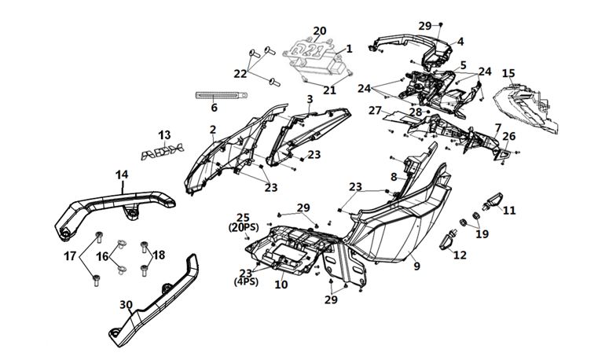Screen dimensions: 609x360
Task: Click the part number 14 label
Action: point(122,174)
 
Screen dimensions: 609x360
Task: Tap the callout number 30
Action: point(126,305)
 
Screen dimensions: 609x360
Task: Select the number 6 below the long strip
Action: point(214,108)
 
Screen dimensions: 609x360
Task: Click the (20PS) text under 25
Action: point(244,227)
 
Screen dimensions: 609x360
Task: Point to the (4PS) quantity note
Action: point(246,281)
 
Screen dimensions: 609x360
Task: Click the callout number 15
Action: point(508,73)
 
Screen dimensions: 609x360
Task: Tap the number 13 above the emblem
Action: point(164,135)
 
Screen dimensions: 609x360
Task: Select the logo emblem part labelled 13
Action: point(162,152)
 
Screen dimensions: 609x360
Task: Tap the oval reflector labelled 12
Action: point(447,241)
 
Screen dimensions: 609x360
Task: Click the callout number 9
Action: point(416,266)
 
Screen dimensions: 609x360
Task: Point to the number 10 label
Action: point(281,285)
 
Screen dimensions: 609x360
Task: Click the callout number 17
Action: point(70,256)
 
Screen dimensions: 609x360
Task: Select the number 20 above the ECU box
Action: point(320,31)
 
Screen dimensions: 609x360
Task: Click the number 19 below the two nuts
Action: point(482,234)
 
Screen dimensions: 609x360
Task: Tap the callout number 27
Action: point(375,111)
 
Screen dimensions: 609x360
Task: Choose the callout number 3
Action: point(310,99)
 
